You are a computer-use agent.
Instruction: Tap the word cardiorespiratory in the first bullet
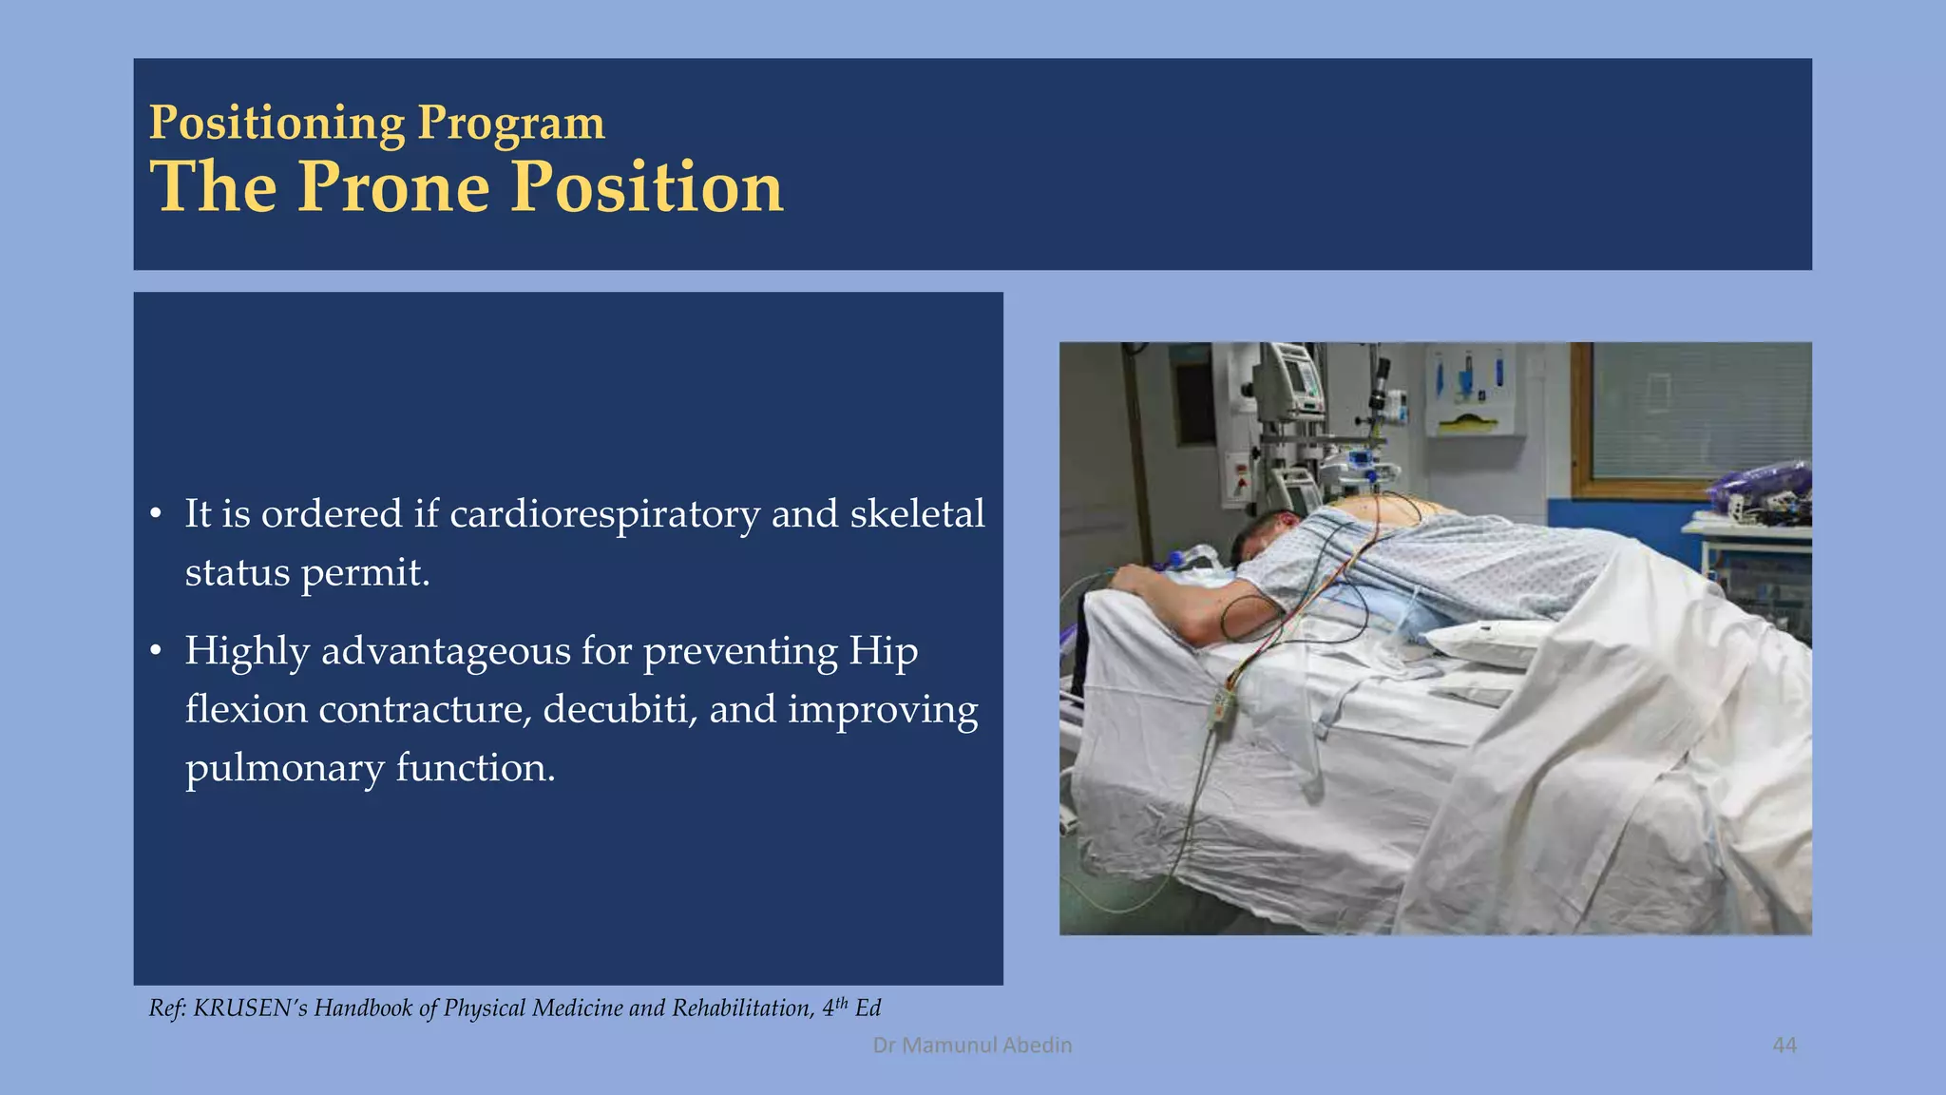tap(604, 514)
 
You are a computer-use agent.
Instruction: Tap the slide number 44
tap(1784, 1045)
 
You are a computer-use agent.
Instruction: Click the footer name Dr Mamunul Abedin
tap(972, 1045)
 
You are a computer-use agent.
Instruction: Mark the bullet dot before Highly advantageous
tap(156, 652)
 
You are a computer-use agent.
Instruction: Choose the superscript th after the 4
tap(841, 1002)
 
